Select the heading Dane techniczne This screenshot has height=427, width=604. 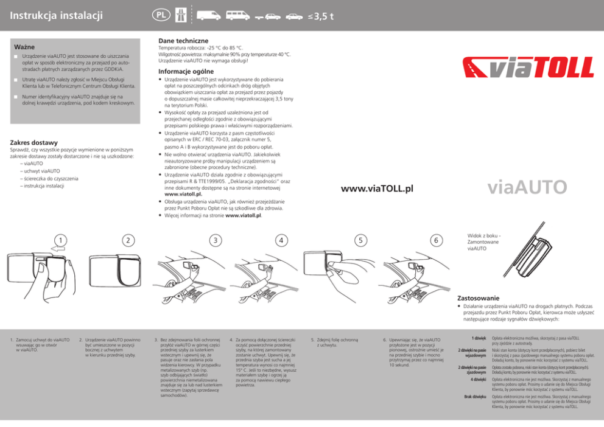[x=183, y=41]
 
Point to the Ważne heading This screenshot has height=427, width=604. [x=24, y=47]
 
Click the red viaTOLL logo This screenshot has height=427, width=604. [x=528, y=68]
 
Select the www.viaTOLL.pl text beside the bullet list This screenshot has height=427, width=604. [x=377, y=189]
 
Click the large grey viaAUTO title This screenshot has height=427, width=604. [x=527, y=187]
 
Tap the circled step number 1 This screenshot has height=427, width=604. [x=59, y=240]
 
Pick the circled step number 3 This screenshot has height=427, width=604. [x=214, y=240]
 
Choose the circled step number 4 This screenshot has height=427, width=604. [x=281, y=240]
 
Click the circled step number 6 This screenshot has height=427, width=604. [x=436, y=240]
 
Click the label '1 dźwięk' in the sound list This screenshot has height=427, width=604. [x=477, y=338]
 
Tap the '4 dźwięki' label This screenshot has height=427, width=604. [x=476, y=380]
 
